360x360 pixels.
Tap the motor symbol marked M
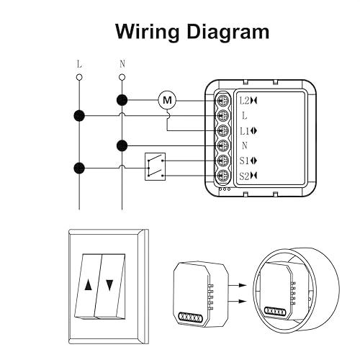(x=167, y=100)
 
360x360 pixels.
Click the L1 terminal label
(x=245, y=130)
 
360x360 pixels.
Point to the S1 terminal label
(x=245, y=161)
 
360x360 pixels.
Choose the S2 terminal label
(x=245, y=176)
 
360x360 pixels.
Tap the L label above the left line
(x=79, y=63)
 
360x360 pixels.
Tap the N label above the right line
(x=122, y=63)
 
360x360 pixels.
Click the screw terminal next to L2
(x=225, y=101)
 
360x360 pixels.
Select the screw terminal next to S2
(x=225, y=176)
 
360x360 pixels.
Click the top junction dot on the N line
(x=122, y=100)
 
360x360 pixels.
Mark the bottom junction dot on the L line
(x=79, y=169)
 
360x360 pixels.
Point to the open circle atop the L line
(x=79, y=76)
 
